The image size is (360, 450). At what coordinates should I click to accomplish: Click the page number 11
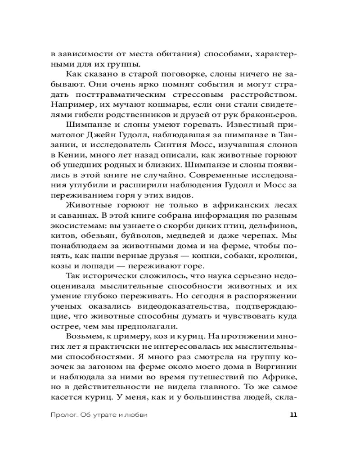pyautogui.click(x=293, y=415)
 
